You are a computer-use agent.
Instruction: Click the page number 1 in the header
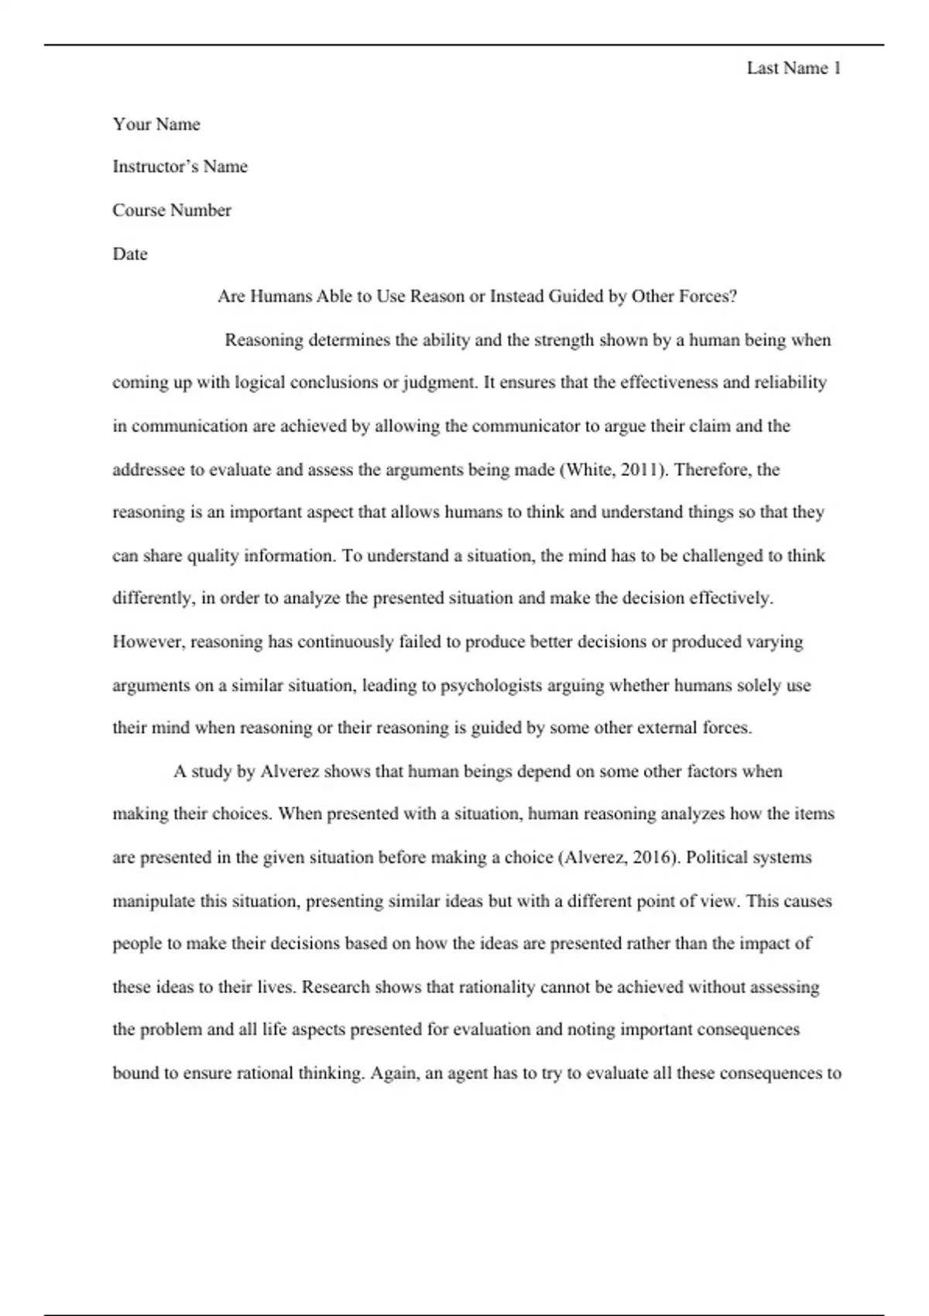(x=836, y=68)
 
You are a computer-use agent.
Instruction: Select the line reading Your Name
(x=156, y=125)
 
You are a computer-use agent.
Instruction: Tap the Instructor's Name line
(x=180, y=166)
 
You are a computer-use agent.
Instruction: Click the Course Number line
(x=172, y=211)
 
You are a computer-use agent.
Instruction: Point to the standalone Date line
(x=130, y=254)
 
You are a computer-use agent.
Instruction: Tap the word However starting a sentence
(x=149, y=642)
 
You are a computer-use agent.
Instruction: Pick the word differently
(x=153, y=598)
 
